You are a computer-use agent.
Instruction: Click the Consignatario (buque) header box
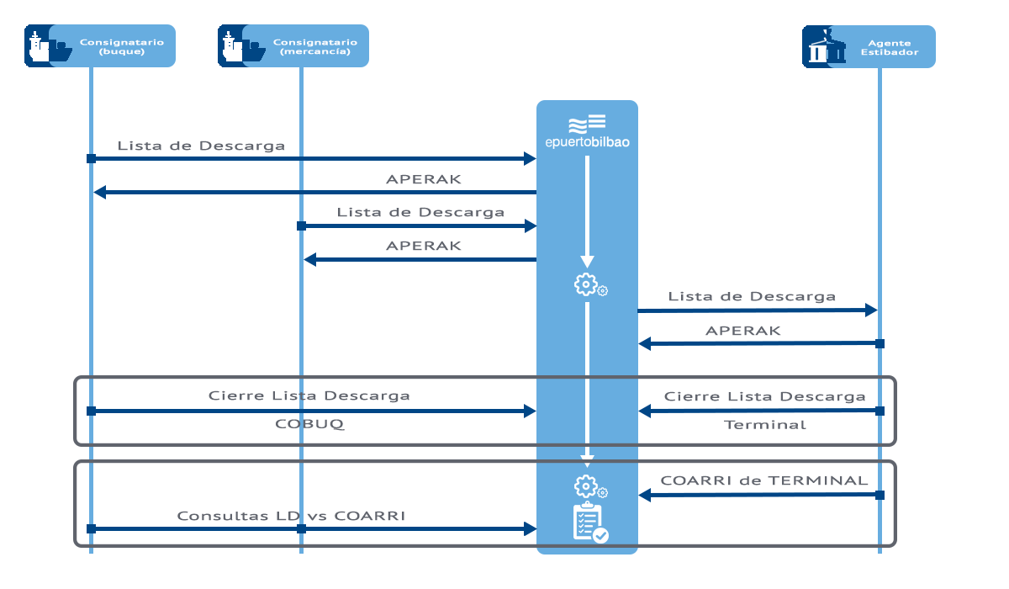[100, 46]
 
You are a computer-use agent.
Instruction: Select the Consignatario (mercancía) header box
[293, 46]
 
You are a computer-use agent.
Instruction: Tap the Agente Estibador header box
[869, 46]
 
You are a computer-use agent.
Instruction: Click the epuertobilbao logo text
[587, 143]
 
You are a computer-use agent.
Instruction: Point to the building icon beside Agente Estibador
[824, 47]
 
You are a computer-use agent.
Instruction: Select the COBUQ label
[309, 424]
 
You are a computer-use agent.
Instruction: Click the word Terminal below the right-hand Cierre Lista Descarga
[765, 425]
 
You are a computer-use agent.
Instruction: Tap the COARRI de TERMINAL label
[763, 480]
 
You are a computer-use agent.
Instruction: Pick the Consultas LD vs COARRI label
[291, 515]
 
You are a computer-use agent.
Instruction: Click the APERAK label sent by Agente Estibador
[742, 331]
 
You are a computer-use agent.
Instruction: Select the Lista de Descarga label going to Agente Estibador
[752, 296]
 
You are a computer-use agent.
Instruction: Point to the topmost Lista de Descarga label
[201, 146]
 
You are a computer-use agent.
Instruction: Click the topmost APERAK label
[423, 179]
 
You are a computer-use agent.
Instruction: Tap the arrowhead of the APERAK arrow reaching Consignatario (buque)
[99, 193]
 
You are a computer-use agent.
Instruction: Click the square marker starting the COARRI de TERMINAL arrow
[880, 495]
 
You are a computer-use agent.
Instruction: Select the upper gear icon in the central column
[586, 284]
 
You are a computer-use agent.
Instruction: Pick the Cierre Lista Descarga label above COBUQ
[309, 395]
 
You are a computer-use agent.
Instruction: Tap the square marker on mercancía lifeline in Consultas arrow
[301, 529]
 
